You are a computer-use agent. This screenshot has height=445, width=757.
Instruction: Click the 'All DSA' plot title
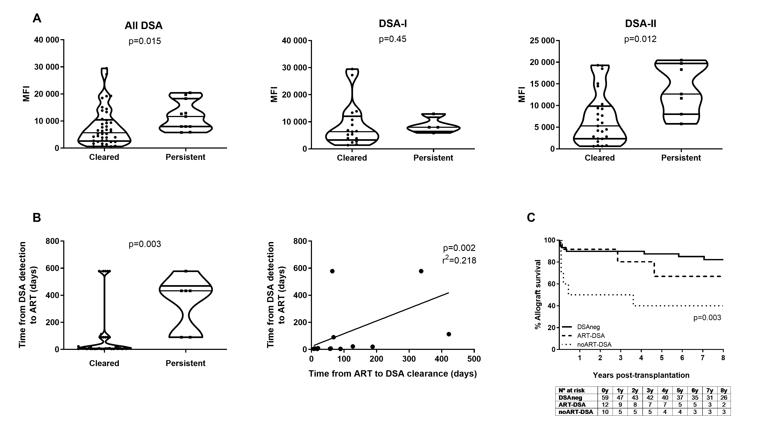tap(144, 26)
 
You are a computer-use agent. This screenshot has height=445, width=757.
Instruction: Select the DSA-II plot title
tap(641, 24)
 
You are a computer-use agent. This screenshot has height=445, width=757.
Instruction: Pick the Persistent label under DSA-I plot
tap(433, 158)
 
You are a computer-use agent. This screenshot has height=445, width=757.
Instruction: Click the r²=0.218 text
tap(459, 260)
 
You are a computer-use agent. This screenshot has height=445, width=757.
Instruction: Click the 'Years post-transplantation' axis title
tap(641, 375)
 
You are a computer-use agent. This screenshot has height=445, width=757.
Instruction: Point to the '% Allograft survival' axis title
tap(537, 295)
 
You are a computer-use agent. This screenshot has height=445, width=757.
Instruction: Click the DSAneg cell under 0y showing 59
tap(605, 398)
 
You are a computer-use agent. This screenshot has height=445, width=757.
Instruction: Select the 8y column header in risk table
tap(724, 390)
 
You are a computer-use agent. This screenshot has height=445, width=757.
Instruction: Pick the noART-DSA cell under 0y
tap(605, 412)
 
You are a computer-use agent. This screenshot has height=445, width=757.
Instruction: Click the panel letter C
tap(531, 218)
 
